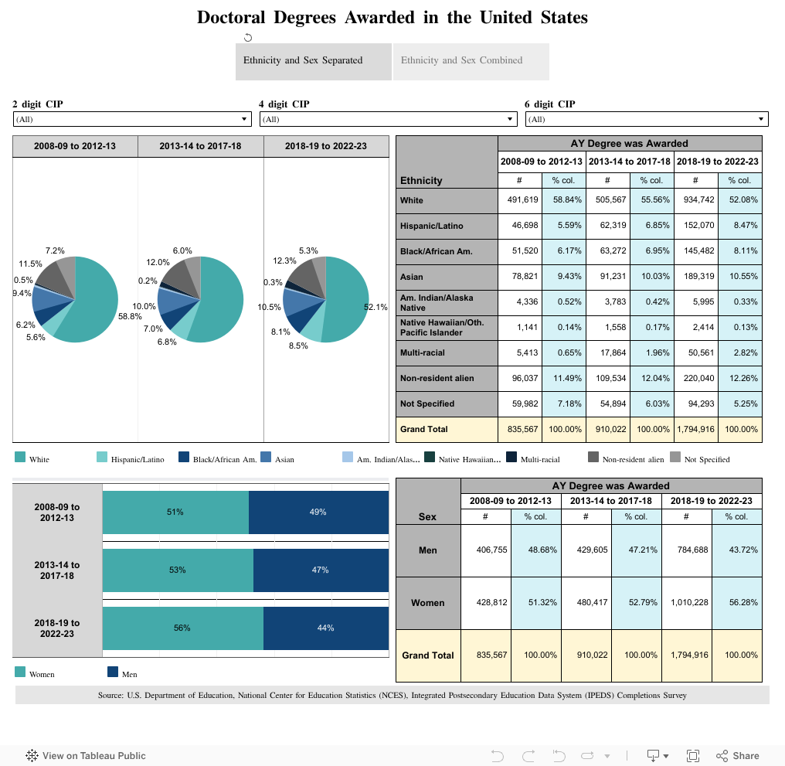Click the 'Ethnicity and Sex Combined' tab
(x=471, y=61)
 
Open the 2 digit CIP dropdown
(x=132, y=119)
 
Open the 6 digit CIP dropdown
(x=647, y=119)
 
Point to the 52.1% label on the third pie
(x=376, y=307)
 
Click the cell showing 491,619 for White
(x=520, y=200)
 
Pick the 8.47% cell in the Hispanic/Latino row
(x=740, y=226)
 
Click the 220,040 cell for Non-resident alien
(x=696, y=378)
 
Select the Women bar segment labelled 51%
(x=175, y=512)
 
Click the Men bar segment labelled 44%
(x=325, y=628)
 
